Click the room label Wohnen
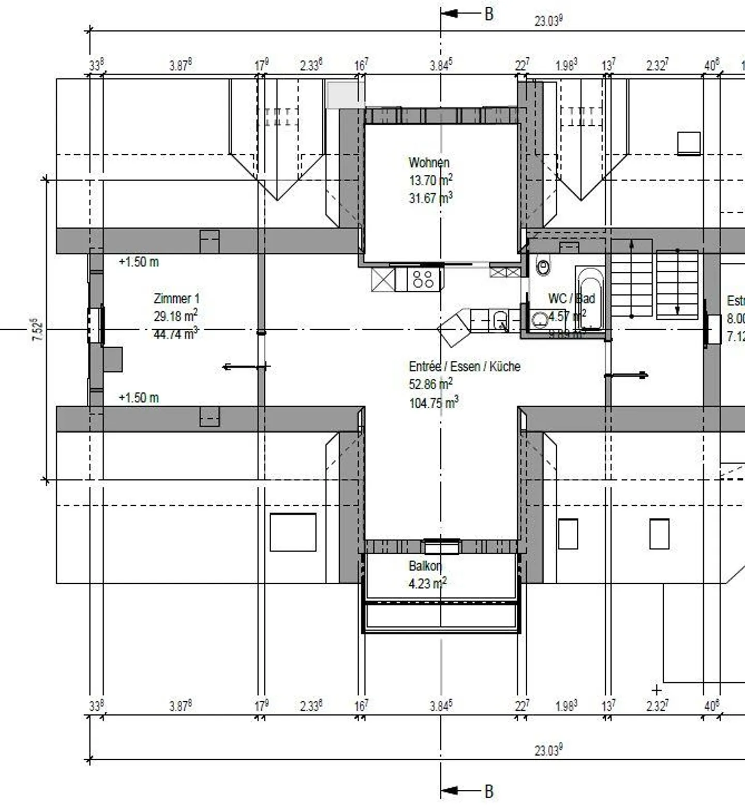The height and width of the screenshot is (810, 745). tap(428, 163)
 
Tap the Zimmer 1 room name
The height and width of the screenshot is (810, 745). tap(176, 299)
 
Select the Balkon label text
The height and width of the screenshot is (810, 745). tap(425, 566)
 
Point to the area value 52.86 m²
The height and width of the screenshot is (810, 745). tap(430, 384)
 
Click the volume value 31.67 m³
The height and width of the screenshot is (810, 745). tap(430, 198)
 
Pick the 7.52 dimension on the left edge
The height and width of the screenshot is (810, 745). tap(38, 329)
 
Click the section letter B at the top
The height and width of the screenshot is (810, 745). tap(488, 14)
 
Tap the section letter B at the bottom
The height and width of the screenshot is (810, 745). tap(488, 791)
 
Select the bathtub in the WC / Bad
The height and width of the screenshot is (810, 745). tap(589, 298)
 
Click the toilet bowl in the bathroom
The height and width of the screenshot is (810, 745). tap(543, 267)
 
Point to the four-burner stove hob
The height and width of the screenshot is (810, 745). tap(423, 279)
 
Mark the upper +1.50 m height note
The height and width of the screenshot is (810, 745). tap(139, 262)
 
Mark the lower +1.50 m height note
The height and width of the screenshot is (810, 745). tap(139, 398)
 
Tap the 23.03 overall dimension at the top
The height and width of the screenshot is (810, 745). tap(548, 21)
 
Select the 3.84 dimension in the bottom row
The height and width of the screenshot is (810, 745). tap(441, 706)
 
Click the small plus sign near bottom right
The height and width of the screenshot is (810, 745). tap(656, 690)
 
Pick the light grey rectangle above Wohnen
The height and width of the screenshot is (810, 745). tap(344, 95)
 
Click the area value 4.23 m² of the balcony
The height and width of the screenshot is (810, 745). tap(427, 584)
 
